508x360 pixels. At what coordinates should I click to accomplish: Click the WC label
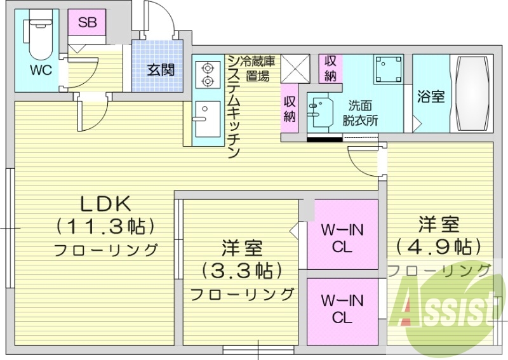(x=41, y=70)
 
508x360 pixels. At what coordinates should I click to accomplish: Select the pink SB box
(x=87, y=22)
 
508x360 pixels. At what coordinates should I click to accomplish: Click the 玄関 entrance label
(x=161, y=70)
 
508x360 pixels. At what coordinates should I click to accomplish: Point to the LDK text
(x=105, y=204)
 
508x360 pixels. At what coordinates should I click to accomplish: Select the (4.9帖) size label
(x=439, y=247)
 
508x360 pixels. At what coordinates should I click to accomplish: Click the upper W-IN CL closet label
(x=342, y=239)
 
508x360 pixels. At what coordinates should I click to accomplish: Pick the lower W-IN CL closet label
(x=342, y=309)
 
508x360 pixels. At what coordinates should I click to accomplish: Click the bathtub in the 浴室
(x=472, y=93)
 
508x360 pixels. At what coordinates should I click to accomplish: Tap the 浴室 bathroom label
(x=431, y=97)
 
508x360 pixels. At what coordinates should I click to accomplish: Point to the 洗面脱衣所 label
(x=360, y=113)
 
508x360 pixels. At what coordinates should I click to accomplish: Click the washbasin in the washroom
(x=320, y=113)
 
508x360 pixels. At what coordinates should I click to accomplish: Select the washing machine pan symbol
(x=389, y=69)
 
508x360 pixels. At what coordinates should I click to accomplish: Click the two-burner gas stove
(x=207, y=74)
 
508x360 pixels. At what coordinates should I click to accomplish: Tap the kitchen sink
(x=208, y=119)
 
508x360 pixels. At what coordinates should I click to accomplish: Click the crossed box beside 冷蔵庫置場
(x=295, y=69)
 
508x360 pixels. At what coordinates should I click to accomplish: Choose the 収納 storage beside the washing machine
(x=330, y=69)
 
